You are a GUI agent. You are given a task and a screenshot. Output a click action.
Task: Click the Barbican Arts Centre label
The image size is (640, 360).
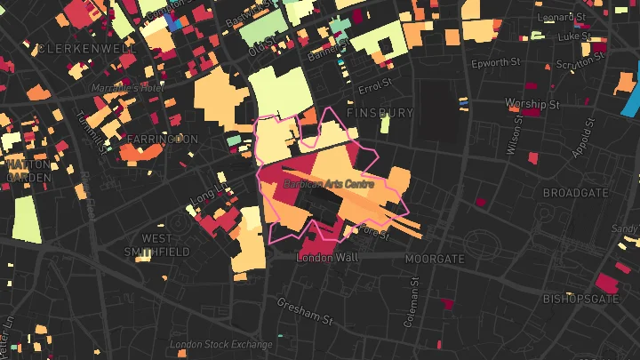(x=328, y=184)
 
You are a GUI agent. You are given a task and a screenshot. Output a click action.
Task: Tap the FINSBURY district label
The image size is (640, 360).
(x=381, y=114)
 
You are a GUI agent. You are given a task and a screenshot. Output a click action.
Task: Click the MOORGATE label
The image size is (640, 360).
(x=435, y=259)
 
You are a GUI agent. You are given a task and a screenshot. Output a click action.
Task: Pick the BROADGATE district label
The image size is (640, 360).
(x=575, y=193)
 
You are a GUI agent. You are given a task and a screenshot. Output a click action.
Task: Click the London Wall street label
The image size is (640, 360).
(x=326, y=257)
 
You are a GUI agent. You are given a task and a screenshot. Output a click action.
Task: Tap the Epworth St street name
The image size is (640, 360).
(x=495, y=63)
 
